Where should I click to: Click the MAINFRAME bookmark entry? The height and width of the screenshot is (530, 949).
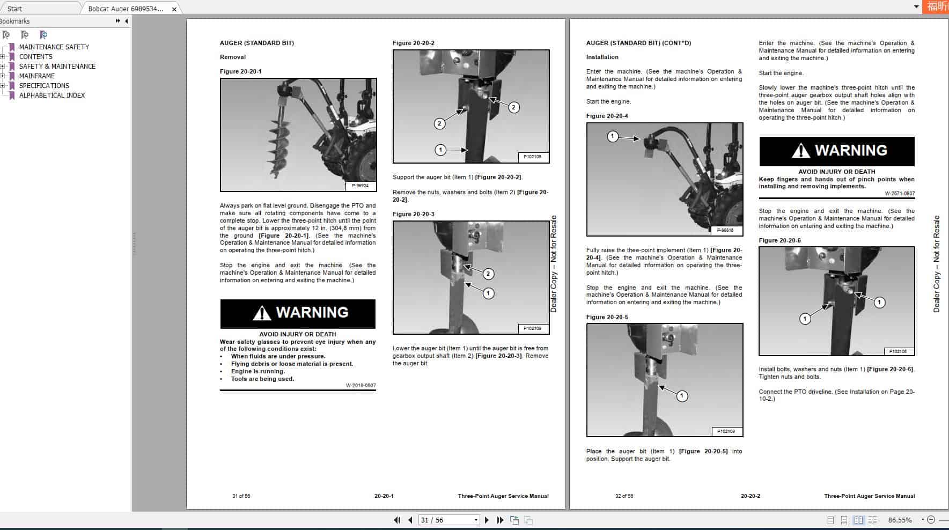(x=37, y=76)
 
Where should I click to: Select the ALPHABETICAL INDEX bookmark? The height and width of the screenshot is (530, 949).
(x=52, y=95)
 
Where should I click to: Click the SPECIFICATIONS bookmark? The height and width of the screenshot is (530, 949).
(x=44, y=86)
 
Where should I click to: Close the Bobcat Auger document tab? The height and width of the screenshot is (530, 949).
(x=174, y=9)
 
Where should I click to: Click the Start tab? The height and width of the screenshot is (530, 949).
(x=15, y=9)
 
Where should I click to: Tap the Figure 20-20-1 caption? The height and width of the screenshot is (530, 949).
(x=240, y=71)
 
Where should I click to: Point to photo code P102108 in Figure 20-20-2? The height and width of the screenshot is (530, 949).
(x=532, y=157)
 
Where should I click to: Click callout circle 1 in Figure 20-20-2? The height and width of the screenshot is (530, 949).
(x=440, y=150)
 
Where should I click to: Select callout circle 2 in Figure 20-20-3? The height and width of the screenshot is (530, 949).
(x=488, y=274)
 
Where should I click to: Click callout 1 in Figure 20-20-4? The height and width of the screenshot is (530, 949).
(x=613, y=136)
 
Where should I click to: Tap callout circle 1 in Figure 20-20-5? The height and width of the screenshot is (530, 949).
(x=681, y=396)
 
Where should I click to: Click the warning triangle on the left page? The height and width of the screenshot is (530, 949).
(x=262, y=313)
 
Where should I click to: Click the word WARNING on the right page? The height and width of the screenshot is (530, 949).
(x=851, y=151)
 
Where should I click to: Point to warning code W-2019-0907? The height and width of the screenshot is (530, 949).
(x=361, y=385)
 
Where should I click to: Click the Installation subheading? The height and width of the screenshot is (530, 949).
(x=602, y=57)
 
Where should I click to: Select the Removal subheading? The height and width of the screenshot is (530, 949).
(x=232, y=57)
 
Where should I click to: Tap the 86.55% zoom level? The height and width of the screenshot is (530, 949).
(x=900, y=520)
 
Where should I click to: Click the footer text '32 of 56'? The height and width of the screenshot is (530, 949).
(x=624, y=496)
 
